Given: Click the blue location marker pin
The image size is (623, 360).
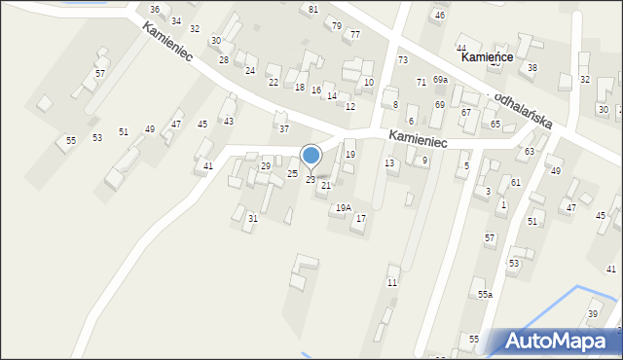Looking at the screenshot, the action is pyautogui.click(x=311, y=156).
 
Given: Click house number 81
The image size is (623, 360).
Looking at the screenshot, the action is pyautogui.click(x=312, y=10).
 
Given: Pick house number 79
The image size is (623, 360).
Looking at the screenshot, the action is pyautogui.click(x=336, y=25).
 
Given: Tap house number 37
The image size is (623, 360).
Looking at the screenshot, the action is pyautogui.click(x=283, y=128).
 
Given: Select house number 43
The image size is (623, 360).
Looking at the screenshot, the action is pyautogui.click(x=229, y=121).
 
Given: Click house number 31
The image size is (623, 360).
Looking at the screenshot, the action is pyautogui.click(x=252, y=218).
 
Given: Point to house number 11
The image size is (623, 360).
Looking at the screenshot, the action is pyautogui.click(x=391, y=282).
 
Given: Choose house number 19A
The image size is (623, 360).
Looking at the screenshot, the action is pyautogui.click(x=343, y=207).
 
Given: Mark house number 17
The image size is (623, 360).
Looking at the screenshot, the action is pyautogui.click(x=360, y=218).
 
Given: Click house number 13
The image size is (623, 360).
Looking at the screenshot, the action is pyautogui.click(x=389, y=162).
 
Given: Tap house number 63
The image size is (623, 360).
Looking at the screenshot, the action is pyautogui.click(x=530, y=152).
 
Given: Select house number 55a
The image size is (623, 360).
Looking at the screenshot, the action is pyautogui.click(x=484, y=294).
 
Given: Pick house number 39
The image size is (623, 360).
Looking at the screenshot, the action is pyautogui.click(x=592, y=313).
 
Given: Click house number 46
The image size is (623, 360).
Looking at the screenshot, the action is pyautogui.click(x=440, y=16).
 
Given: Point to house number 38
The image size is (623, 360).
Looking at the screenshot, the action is pyautogui.click(x=531, y=68).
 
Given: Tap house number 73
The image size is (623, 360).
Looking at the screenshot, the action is pyautogui.click(x=402, y=60).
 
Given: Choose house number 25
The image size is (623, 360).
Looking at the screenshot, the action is pyautogui.click(x=292, y=173).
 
